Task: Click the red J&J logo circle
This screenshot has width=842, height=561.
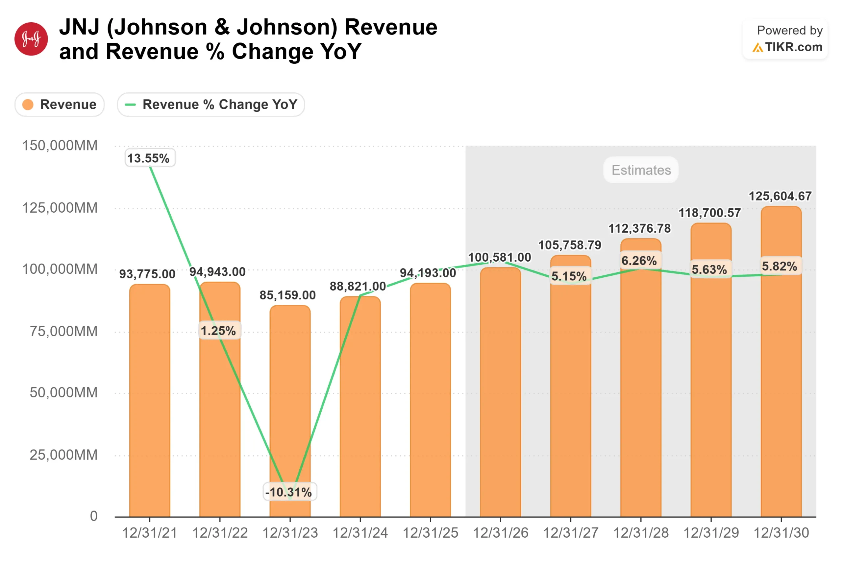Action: (x=31, y=39)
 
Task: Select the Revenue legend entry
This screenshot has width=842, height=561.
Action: (x=60, y=105)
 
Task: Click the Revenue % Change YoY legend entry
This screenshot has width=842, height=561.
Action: (x=211, y=105)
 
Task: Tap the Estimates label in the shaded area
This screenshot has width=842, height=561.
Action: (x=641, y=170)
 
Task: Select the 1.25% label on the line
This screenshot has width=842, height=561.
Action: (x=219, y=331)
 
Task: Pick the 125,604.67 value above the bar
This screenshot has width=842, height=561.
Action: (x=780, y=196)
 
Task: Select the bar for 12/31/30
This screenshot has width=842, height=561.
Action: (x=781, y=394)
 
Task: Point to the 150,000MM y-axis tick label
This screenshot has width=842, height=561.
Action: (x=60, y=146)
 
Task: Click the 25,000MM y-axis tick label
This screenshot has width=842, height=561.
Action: (x=63, y=455)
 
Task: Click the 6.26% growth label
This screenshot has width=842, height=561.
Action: (x=639, y=261)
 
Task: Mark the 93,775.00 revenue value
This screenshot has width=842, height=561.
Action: (x=147, y=274)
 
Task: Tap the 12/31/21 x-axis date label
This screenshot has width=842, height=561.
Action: (x=150, y=533)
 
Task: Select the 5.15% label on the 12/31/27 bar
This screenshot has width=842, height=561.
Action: (x=569, y=276)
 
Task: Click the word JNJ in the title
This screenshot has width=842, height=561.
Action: (x=79, y=27)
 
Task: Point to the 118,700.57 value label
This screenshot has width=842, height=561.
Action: (x=709, y=213)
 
